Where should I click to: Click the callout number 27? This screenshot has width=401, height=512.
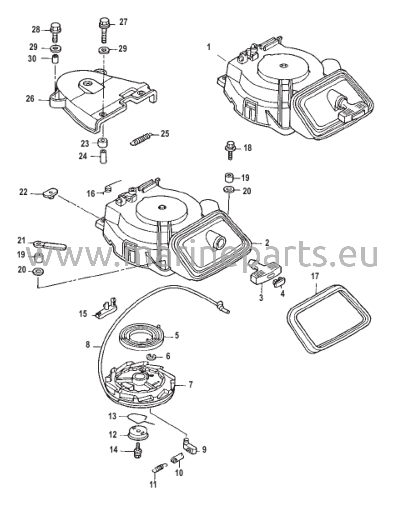click(x=123, y=22)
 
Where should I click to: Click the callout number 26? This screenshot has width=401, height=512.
click(x=30, y=99)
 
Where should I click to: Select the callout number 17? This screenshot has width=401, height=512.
click(x=315, y=276)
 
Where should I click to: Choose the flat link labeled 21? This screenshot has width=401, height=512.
click(x=50, y=245)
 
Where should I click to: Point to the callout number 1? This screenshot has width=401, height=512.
click(x=209, y=47)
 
